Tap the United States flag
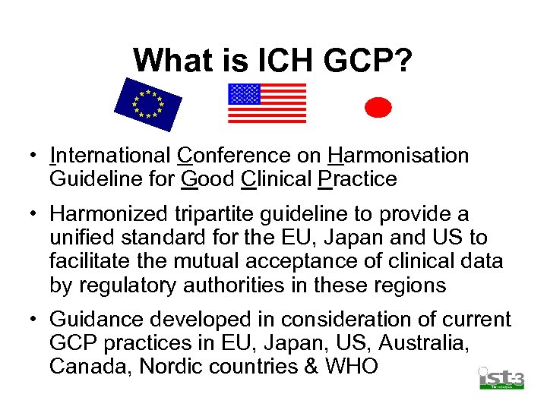[267, 103]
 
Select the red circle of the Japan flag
[378, 108]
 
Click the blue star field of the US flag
[245, 94]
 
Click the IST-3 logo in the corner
[501, 377]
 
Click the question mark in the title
[403, 60]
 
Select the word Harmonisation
[399, 156]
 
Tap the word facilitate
[90, 262]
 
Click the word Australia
[421, 343]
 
